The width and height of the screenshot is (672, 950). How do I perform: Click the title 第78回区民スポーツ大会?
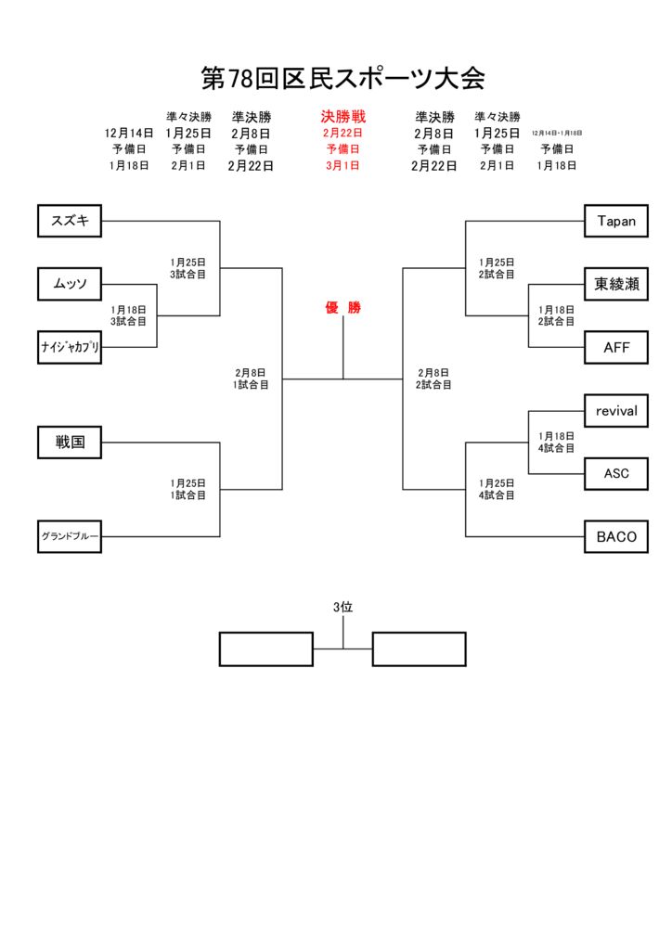(x=343, y=78)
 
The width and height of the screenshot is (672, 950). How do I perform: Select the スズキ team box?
(x=70, y=221)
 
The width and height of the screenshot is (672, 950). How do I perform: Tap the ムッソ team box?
(x=70, y=284)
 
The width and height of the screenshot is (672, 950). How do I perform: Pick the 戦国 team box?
(x=70, y=443)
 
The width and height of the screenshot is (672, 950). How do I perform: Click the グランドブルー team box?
(x=70, y=536)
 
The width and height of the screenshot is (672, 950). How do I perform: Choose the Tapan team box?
(x=616, y=221)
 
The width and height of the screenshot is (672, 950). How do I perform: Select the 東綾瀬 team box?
(x=616, y=284)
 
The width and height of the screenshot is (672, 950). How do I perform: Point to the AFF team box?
(x=616, y=347)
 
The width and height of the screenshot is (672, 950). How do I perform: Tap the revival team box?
(x=616, y=410)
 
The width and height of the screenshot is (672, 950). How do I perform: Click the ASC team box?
(x=616, y=473)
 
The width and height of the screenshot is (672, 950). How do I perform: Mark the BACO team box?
(x=616, y=536)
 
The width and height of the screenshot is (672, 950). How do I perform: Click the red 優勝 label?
(x=342, y=308)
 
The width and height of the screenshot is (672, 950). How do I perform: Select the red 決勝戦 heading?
(x=343, y=117)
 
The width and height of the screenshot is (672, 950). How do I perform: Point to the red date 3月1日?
(x=342, y=165)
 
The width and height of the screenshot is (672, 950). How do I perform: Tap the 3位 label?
(x=343, y=607)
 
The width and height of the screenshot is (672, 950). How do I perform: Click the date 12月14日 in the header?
(x=129, y=134)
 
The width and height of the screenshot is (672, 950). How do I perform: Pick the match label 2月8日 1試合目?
(x=251, y=379)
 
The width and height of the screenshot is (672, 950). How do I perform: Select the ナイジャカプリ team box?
(x=70, y=347)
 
